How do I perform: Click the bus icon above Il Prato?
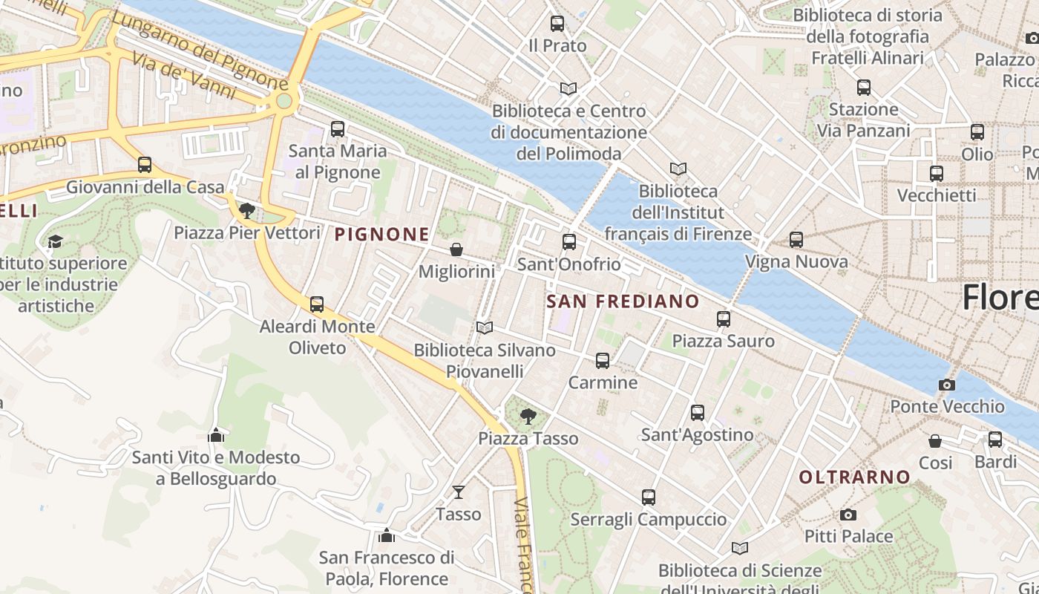point(557,24)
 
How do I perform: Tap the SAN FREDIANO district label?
point(623,301)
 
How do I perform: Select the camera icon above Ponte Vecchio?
point(946,385)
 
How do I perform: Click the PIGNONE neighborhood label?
point(381,235)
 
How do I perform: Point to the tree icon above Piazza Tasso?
point(528,416)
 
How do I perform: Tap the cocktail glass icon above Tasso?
point(459,492)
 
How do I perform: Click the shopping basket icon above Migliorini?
point(456,249)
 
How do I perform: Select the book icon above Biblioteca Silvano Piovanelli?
point(485,327)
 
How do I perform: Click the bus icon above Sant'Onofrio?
point(569,242)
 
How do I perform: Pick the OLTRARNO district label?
point(854,477)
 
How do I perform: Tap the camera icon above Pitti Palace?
point(848,515)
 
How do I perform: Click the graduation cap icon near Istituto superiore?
point(55,241)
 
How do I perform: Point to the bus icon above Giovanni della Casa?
point(145,165)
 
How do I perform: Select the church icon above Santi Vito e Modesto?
point(216,434)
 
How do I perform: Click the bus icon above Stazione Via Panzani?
point(863,88)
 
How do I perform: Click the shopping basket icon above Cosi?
point(935,441)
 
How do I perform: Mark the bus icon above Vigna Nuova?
point(796,240)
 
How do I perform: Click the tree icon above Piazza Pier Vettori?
point(247,211)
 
